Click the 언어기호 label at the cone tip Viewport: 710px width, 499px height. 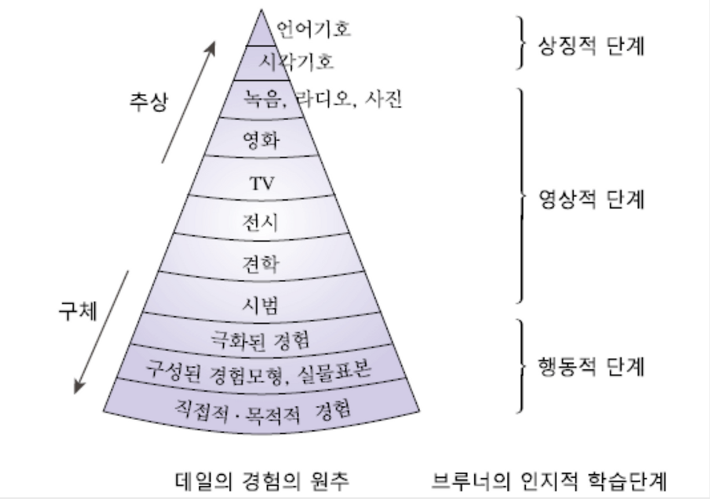313,30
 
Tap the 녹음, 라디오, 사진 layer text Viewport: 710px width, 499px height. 322,100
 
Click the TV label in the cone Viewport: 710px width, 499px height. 262,183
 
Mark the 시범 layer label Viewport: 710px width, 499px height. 261,303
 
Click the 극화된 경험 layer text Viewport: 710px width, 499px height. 261,338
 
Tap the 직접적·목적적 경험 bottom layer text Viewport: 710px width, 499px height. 261,411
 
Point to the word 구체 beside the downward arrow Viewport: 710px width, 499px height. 78,312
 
